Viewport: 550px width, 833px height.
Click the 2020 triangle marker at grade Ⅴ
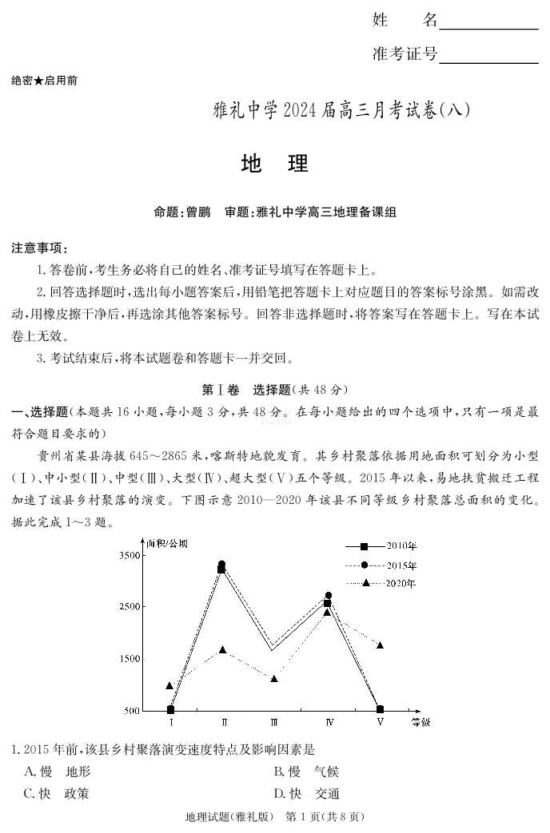(381, 645)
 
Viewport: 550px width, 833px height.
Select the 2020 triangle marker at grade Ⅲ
(274, 679)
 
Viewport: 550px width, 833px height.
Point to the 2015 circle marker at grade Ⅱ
(222, 564)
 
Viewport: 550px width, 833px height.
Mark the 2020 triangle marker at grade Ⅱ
(223, 649)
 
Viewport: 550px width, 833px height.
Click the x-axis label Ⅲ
(274, 723)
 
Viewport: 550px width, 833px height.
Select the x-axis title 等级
(420, 723)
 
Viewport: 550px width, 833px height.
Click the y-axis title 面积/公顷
(166, 543)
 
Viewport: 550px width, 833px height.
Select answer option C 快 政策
(57, 794)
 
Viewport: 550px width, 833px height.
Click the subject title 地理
(274, 164)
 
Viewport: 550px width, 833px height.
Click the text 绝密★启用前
(44, 81)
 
